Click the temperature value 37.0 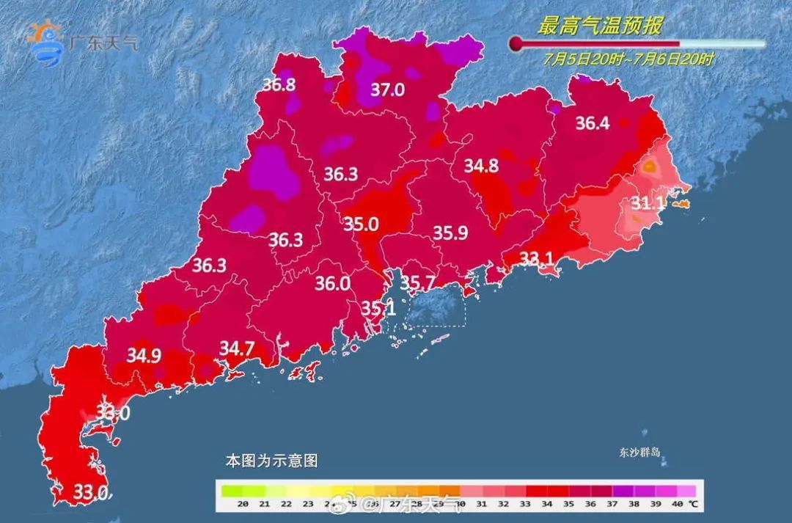click(387, 90)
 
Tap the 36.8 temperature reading click(279, 84)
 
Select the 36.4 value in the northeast click(592, 123)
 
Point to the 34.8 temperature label click(481, 167)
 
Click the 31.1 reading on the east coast click(648, 203)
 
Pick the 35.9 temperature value click(450, 233)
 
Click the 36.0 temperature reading click(332, 283)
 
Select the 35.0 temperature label click(362, 224)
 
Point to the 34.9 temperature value click(144, 356)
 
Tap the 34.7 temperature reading click(237, 348)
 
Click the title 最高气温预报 click(600, 27)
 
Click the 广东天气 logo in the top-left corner click(81, 43)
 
